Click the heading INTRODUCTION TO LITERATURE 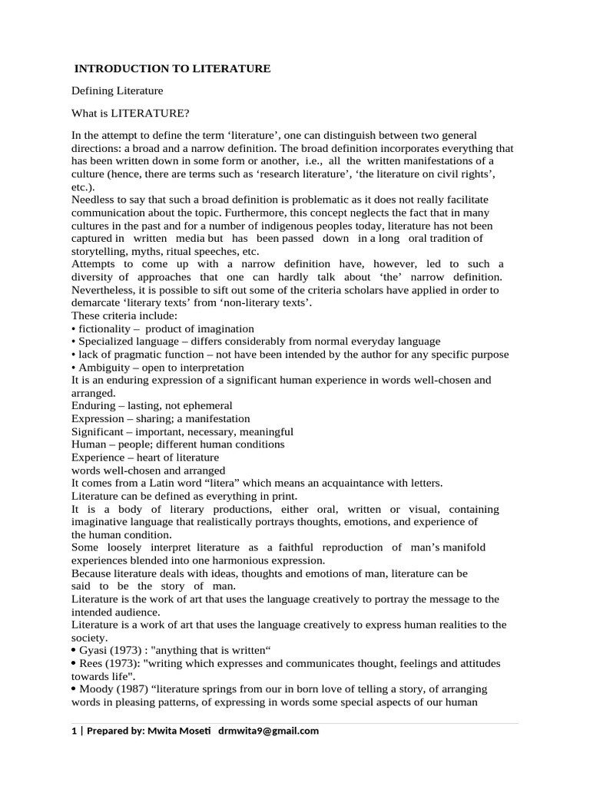tap(172, 69)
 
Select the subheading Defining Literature tap(118, 91)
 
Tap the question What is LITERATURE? tap(130, 114)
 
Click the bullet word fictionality tap(103, 329)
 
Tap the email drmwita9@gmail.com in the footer tap(268, 731)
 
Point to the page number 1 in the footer tap(75, 731)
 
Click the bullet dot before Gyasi tap(74, 651)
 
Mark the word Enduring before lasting tap(93, 405)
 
